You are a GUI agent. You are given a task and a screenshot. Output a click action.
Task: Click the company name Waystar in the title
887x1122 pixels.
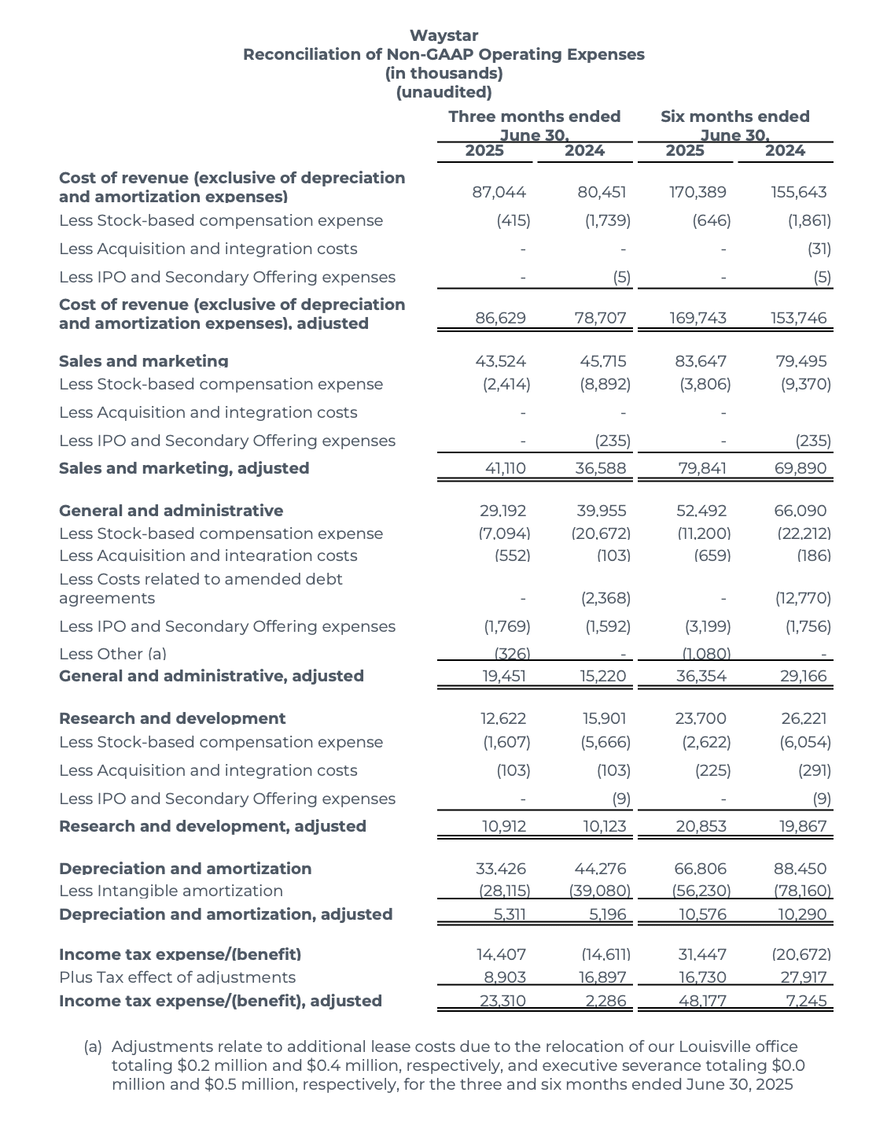pyautogui.click(x=443, y=35)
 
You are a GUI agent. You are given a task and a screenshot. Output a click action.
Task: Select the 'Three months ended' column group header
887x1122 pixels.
pyautogui.click(x=534, y=116)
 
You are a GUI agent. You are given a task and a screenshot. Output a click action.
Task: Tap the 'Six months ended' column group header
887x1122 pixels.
pyautogui.click(x=734, y=116)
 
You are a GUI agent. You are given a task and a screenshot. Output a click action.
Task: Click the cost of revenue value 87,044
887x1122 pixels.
pyautogui.click(x=501, y=192)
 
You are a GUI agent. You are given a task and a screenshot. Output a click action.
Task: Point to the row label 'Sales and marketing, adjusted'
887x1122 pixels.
pyautogui.click(x=184, y=468)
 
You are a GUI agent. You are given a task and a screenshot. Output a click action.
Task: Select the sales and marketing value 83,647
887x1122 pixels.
pyautogui.click(x=701, y=361)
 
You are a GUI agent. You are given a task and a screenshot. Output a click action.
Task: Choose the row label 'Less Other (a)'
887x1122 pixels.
pyautogui.click(x=112, y=654)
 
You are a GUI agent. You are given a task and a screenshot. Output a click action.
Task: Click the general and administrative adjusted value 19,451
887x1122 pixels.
pyautogui.click(x=503, y=676)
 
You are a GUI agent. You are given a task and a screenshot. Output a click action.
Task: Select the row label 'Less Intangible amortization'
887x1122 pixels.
pyautogui.click(x=171, y=891)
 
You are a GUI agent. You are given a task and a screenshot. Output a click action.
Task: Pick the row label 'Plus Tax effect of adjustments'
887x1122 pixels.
pyautogui.click(x=177, y=977)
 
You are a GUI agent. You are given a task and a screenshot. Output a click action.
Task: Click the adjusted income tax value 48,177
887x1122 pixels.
pyautogui.click(x=702, y=1001)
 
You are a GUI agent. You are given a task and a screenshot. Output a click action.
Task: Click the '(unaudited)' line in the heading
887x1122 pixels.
pyautogui.click(x=443, y=92)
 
